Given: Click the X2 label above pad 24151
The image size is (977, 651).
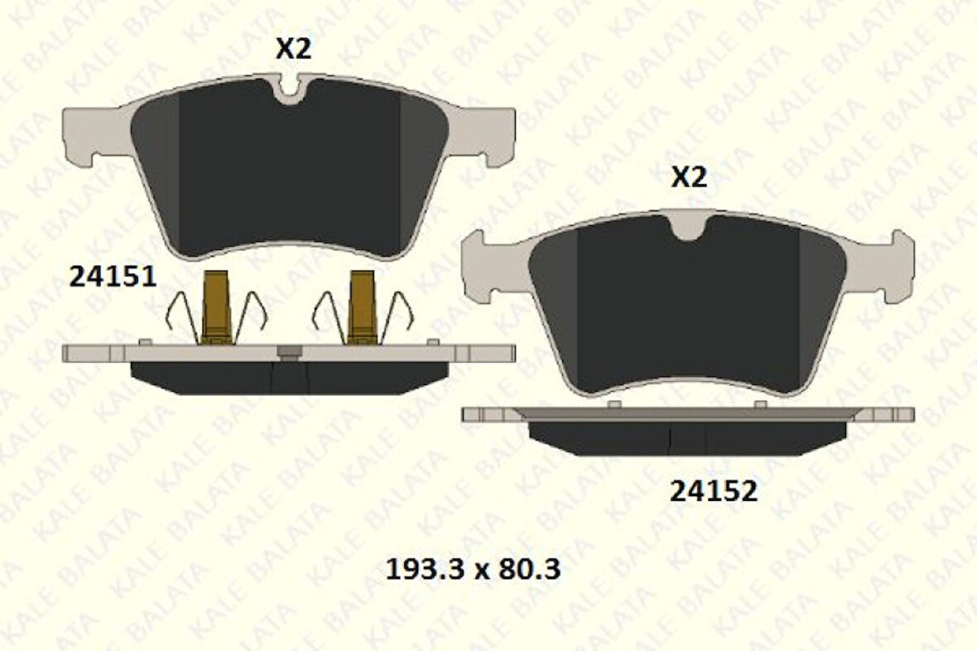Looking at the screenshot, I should tap(293, 50).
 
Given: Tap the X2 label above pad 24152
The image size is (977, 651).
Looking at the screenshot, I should tap(688, 177).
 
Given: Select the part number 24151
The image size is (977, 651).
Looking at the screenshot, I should tap(113, 277).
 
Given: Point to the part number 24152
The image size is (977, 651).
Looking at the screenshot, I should tap(713, 492).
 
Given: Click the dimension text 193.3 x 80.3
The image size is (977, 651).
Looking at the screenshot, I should tap(474, 570).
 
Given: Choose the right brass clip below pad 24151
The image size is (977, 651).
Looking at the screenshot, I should tap(362, 306).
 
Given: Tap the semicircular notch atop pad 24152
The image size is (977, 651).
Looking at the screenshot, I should tap(688, 225).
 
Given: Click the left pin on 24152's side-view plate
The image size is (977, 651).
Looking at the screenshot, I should tap(614, 404).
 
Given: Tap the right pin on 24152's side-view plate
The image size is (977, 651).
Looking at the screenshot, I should tap(761, 404).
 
